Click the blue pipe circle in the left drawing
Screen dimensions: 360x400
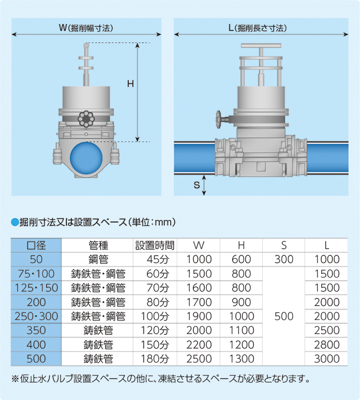click(x=86, y=158)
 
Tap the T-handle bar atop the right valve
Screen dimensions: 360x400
click(x=261, y=46)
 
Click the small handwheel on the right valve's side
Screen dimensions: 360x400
click(x=219, y=119)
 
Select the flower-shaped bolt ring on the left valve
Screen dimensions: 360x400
click(x=86, y=119)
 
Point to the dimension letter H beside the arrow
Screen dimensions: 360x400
click(x=131, y=84)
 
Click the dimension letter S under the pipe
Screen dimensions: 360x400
click(x=196, y=184)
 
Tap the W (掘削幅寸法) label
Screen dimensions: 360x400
click(x=86, y=28)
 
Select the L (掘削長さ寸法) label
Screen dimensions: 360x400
click(x=258, y=28)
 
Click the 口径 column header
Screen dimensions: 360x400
click(x=36, y=245)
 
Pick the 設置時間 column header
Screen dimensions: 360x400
click(x=155, y=245)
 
